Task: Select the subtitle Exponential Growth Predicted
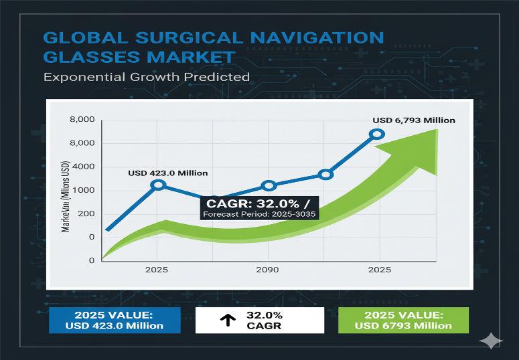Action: click(146, 76)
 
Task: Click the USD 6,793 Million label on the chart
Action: click(414, 120)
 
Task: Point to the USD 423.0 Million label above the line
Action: click(167, 173)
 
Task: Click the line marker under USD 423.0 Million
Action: click(158, 184)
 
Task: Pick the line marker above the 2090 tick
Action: click(269, 186)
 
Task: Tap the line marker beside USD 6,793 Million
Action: click(377, 134)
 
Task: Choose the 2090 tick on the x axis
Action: click(268, 271)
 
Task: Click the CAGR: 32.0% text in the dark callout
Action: click(254, 203)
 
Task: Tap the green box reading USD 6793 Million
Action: click(403, 321)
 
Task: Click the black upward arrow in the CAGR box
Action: click(228, 321)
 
